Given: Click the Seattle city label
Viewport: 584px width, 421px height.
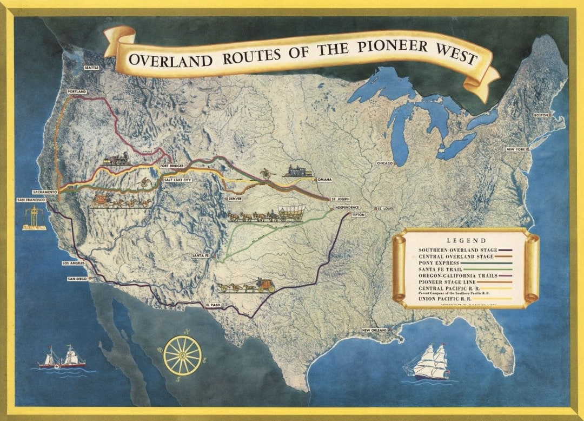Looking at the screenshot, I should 92,69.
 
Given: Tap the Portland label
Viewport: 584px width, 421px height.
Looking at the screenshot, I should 77,92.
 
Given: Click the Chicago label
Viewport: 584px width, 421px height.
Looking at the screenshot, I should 385,163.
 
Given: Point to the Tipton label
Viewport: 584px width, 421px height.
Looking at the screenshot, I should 358,215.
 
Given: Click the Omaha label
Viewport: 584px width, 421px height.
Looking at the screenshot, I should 324,179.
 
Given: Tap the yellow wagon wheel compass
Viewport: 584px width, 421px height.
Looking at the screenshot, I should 182,355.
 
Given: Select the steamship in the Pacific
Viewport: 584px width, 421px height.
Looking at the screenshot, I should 62,358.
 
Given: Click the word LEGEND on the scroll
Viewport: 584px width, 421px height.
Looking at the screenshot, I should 466,240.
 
